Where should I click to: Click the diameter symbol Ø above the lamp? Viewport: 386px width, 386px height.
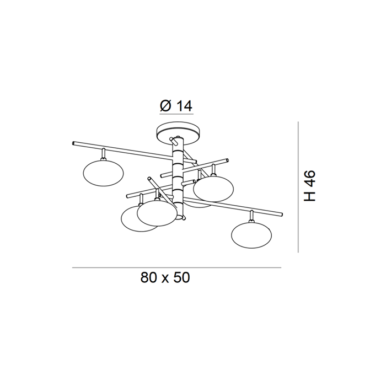[x=165, y=106]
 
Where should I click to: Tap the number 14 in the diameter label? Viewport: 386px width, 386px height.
[x=184, y=106]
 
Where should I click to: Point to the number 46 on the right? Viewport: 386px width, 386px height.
[x=309, y=179]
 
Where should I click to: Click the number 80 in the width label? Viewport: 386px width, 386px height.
[x=149, y=277]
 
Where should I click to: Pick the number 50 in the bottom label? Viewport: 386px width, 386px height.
[x=182, y=277]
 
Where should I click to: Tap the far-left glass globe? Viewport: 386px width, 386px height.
[x=104, y=173]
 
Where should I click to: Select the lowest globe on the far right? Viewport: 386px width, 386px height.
[x=251, y=234]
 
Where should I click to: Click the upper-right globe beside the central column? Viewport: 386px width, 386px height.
[x=213, y=189]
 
